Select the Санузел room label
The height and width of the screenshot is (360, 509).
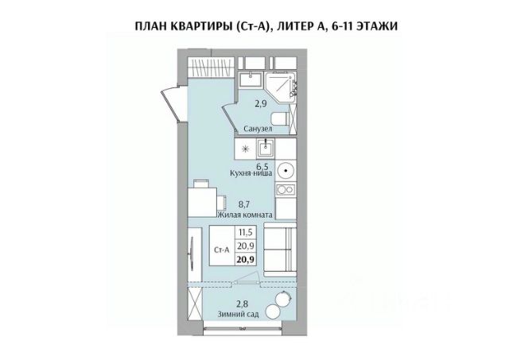pos(260,128)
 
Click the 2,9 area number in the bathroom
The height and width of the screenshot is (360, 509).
pos(259,103)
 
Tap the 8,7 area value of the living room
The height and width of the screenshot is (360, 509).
pos(246,203)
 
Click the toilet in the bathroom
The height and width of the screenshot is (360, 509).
pos(292,119)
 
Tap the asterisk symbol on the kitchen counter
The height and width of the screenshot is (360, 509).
pos(245,149)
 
